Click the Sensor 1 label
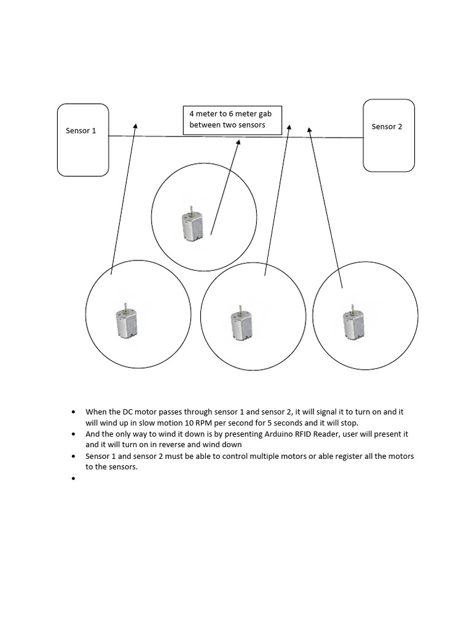(81, 131)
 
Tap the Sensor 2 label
(387, 127)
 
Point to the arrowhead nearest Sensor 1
(135, 125)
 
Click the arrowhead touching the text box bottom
(238, 143)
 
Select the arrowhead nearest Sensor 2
(309, 130)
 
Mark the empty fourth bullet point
(74, 478)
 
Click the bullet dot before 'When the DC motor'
(74, 412)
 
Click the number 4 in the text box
(192, 114)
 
